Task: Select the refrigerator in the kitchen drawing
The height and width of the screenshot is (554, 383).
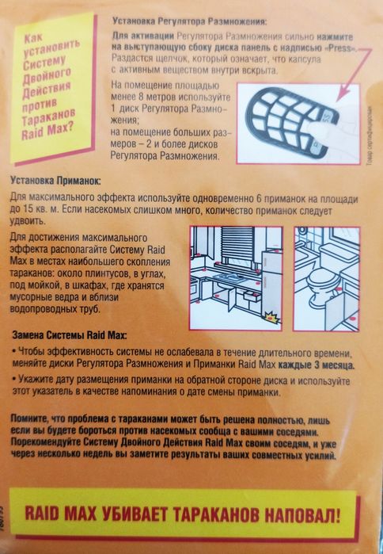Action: point(267,269)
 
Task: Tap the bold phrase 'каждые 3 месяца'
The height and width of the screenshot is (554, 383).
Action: point(311,365)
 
